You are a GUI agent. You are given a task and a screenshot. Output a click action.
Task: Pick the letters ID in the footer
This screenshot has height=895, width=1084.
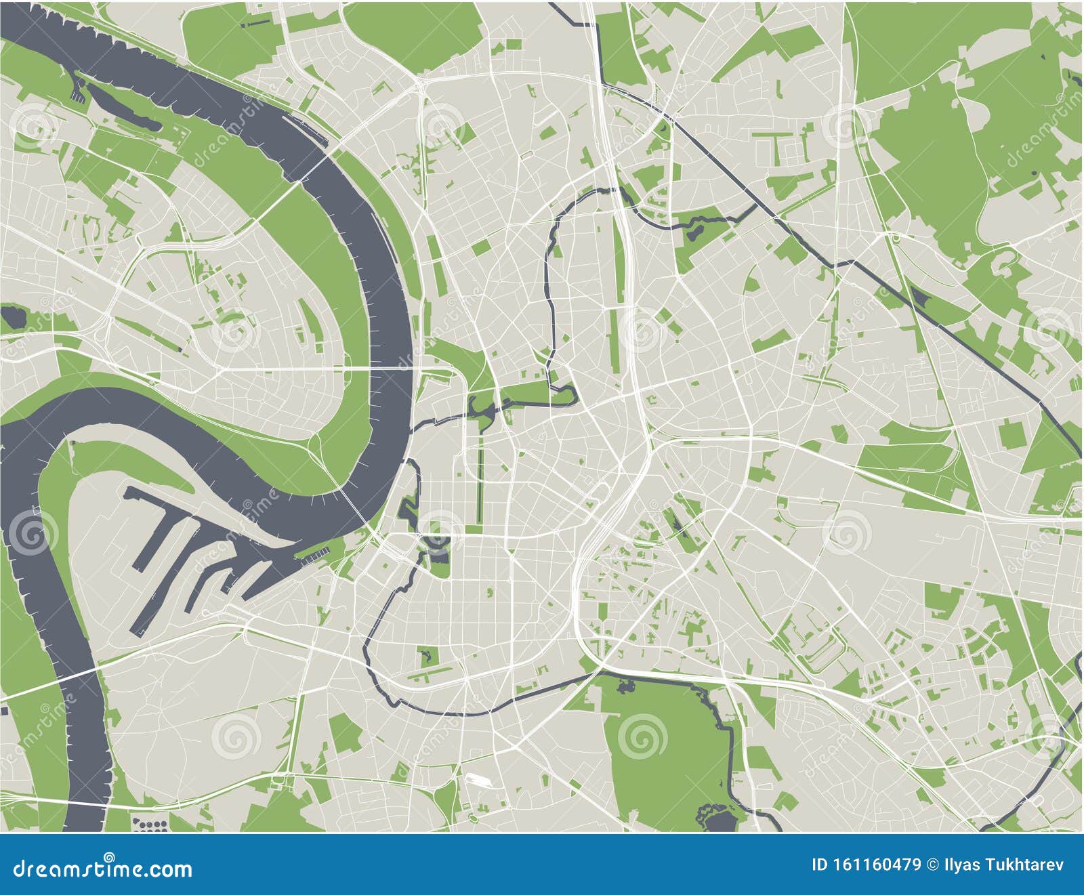click(818, 865)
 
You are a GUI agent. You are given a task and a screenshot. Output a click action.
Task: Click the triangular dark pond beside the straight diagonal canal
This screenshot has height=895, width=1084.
click(918, 296)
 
